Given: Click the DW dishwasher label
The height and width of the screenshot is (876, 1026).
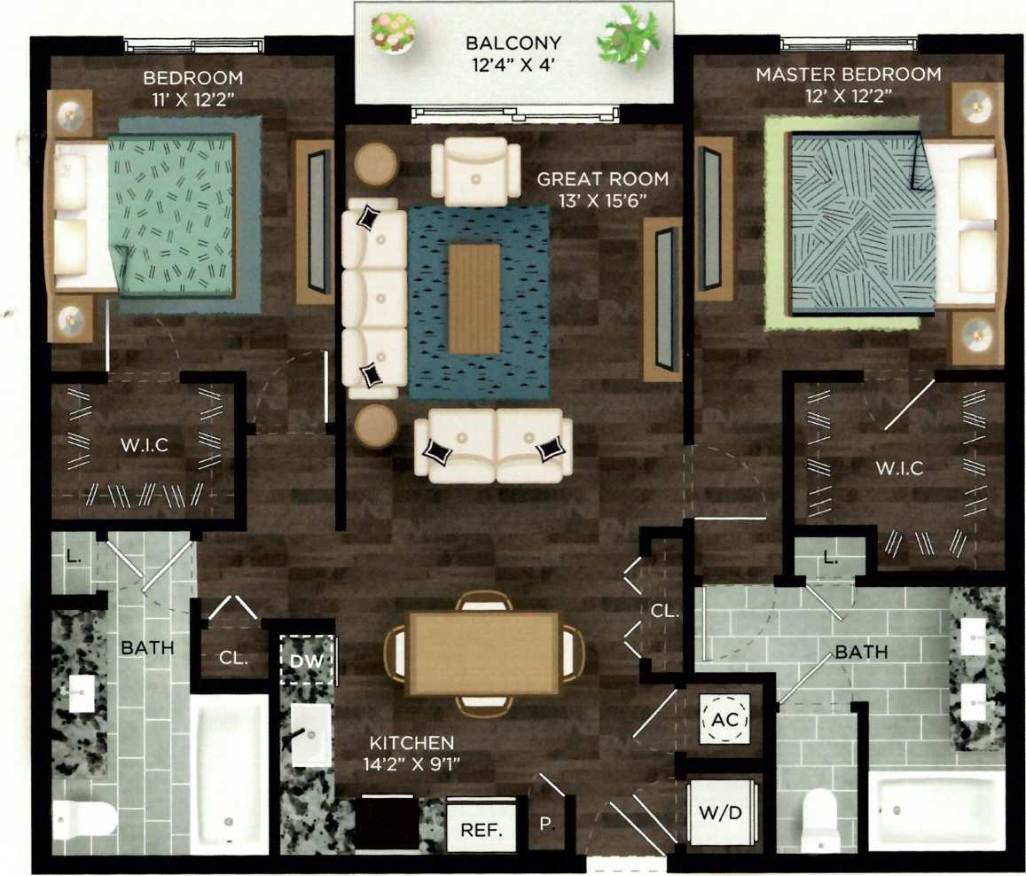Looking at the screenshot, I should (308, 660).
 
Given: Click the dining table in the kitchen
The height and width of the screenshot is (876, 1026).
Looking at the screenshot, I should (483, 653).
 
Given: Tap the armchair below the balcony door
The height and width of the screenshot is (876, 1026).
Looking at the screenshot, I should (476, 168).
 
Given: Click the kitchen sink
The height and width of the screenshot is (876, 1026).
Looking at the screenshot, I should (309, 734).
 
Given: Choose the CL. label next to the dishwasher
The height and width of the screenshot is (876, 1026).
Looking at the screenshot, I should (233, 659).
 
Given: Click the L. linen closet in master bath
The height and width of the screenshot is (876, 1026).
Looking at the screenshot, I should (828, 559).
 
